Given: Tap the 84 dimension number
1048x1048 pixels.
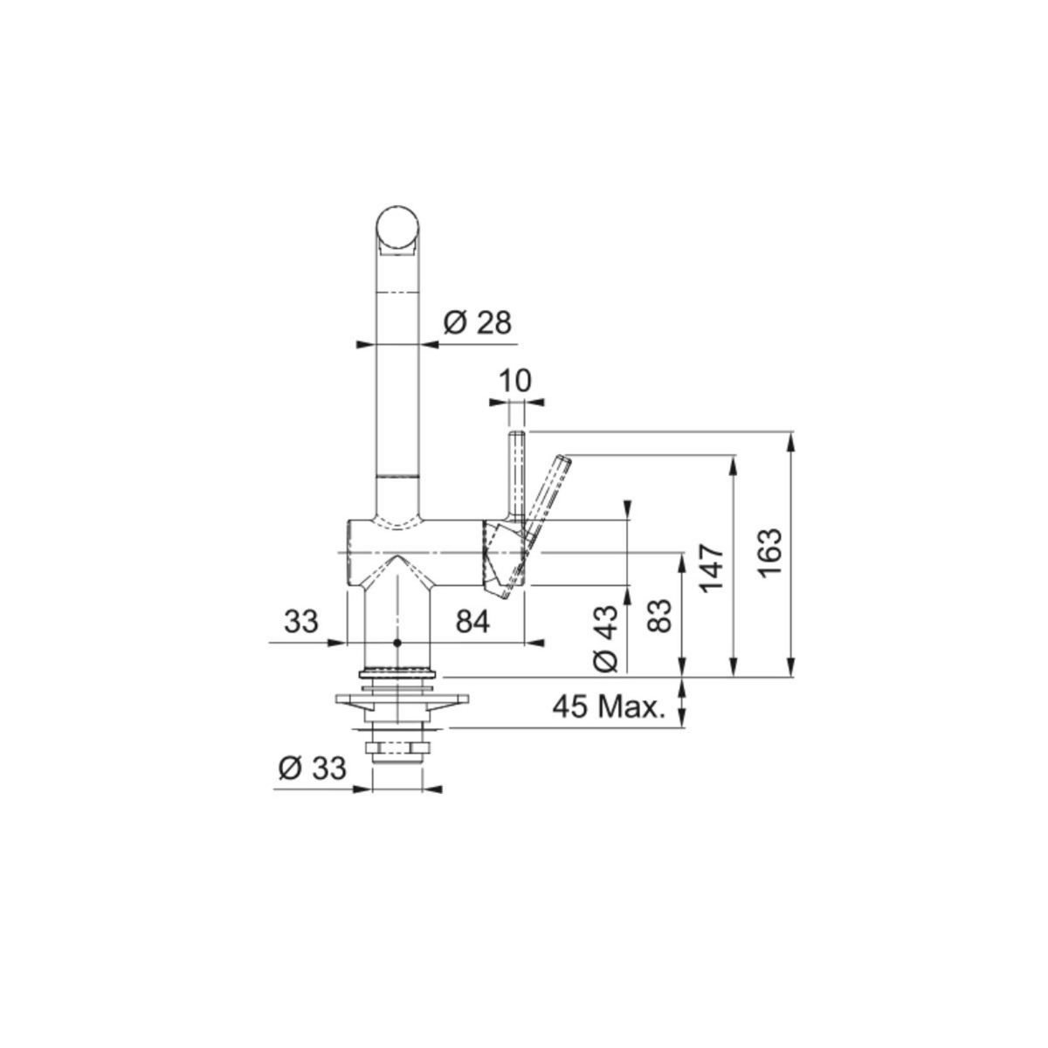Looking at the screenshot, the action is pos(472,621).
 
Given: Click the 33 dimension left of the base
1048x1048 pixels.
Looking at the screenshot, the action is pos(300,621).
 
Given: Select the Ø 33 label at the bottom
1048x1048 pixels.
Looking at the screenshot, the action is pos(312,769).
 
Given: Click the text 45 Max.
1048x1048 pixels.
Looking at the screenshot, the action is pos(609,707).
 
